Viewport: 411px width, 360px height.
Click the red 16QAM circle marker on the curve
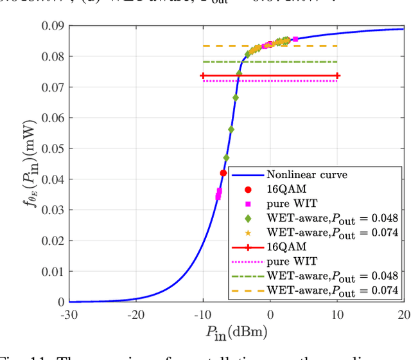[x=223, y=173]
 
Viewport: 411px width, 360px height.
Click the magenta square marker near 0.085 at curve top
[x=295, y=39]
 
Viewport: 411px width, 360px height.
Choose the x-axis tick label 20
[x=403, y=314]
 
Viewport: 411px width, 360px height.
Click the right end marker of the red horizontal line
[x=337, y=76]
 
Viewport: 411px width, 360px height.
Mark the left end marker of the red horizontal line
[x=203, y=76]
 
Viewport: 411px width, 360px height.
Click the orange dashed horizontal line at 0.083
[x=308, y=46]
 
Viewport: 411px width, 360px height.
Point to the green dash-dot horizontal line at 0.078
[x=308, y=62]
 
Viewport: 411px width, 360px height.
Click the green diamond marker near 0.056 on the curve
[x=231, y=129]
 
